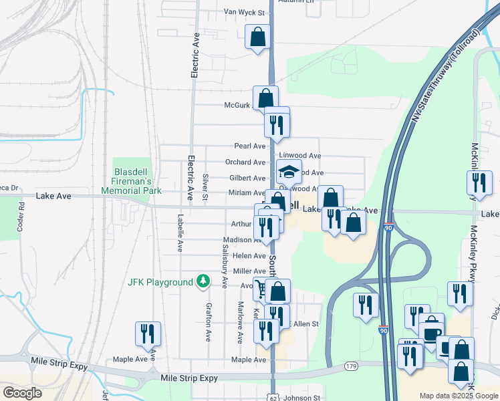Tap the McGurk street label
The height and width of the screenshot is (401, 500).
click(x=237, y=105)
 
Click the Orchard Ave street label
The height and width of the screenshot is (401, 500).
click(x=245, y=162)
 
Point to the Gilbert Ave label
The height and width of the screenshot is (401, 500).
click(x=247, y=178)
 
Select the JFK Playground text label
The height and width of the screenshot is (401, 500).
click(x=160, y=283)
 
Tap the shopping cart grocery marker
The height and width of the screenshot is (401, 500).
click(x=261, y=289)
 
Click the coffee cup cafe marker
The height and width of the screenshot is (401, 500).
click(x=432, y=329)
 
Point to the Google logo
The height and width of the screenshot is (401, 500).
click(x=22, y=393)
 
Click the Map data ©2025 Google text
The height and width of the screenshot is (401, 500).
click(x=458, y=396)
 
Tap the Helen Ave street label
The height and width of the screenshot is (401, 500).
click(x=249, y=256)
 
